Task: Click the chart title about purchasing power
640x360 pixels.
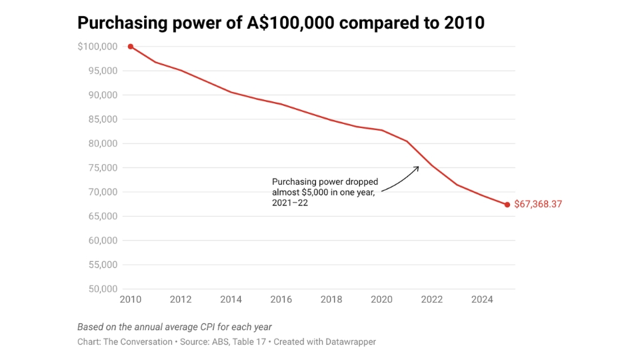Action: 281,23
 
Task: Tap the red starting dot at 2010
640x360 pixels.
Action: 131,47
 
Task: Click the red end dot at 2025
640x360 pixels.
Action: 507,205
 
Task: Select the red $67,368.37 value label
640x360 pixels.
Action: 538,205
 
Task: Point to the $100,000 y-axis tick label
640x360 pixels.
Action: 97,47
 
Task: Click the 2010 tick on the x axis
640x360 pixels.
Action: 131,300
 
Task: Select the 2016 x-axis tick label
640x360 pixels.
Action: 281,300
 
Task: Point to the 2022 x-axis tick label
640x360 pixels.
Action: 432,300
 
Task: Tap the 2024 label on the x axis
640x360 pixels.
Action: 482,300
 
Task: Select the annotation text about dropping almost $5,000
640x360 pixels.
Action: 325,193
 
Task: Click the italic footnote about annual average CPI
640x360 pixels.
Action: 175,327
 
